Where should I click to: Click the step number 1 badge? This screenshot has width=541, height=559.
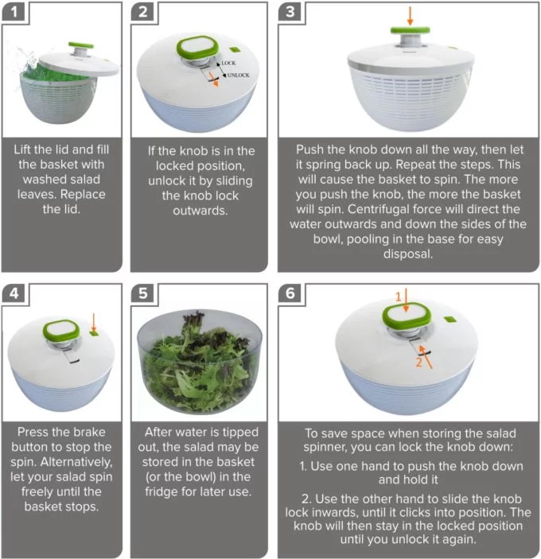click(x=14, y=12)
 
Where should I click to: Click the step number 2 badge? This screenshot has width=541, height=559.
click(x=142, y=12)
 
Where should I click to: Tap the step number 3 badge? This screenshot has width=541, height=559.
click(x=290, y=12)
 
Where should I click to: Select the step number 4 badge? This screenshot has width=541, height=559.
click(x=14, y=293)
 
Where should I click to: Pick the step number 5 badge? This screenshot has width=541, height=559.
click(x=142, y=293)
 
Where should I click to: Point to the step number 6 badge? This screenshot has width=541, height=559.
click(x=290, y=293)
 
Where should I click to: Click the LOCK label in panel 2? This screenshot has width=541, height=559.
click(x=228, y=63)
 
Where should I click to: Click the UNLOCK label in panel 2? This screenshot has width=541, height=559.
click(x=238, y=76)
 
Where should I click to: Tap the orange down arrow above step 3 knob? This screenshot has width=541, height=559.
click(x=410, y=16)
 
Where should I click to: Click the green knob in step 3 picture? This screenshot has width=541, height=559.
click(x=410, y=30)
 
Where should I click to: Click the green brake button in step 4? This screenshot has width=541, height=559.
click(x=94, y=333)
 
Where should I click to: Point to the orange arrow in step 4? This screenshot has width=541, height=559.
click(x=94, y=322)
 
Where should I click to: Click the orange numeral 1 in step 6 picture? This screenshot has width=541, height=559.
click(x=399, y=297)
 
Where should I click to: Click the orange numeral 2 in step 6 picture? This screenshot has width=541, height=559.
click(x=418, y=363)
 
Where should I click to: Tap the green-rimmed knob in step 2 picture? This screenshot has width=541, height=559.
click(x=197, y=49)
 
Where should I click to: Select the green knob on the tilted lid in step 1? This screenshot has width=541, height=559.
click(x=81, y=45)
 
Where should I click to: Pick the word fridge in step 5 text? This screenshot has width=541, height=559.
click(x=162, y=492)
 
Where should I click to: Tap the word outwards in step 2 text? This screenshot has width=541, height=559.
click(x=200, y=211)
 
